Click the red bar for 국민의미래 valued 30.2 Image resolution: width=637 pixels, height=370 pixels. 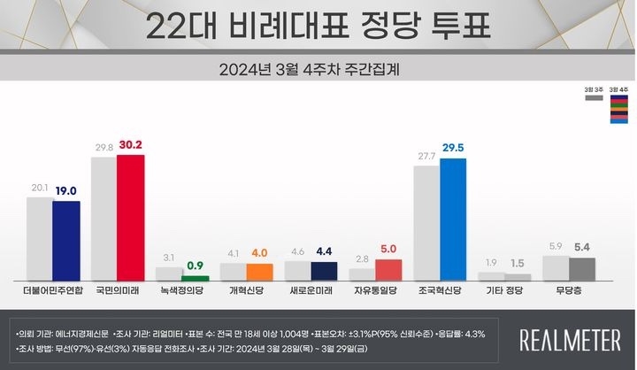pos(130,217)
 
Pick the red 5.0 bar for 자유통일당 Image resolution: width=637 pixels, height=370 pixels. pos(388,270)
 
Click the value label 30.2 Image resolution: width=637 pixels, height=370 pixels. pos(131,146)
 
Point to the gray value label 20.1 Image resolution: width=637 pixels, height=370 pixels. pos(40,189)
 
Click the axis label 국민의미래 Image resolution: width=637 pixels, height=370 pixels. pos(119,290)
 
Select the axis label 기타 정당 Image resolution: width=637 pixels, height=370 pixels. pos(507,290)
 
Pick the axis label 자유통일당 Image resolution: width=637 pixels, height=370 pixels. pos(376,290)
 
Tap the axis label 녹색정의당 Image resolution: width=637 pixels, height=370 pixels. pos(183,290)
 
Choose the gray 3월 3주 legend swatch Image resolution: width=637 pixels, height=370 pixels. pos(593,98)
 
